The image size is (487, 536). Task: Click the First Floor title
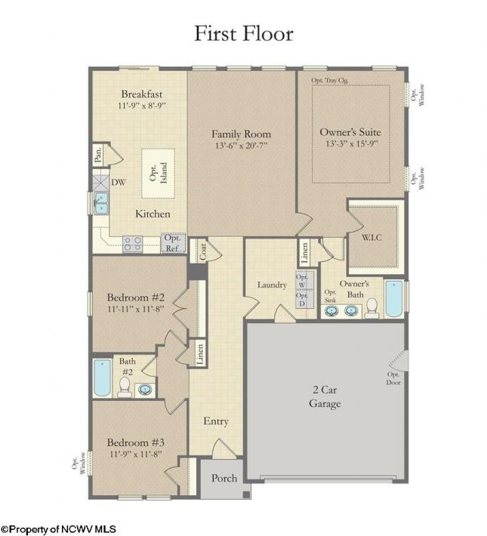244,33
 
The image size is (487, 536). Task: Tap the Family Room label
241,134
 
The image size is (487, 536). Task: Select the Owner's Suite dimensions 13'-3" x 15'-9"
352,143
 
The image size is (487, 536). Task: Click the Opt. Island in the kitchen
159,174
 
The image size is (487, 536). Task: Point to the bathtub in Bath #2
102,377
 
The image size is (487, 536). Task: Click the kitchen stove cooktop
133,244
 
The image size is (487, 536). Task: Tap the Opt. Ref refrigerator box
174,243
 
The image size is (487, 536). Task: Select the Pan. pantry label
98,155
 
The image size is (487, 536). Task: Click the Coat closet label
203,251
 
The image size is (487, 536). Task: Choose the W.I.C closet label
371,237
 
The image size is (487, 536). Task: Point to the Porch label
224,478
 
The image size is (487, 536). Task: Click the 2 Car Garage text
325,396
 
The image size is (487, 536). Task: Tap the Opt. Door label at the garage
393,378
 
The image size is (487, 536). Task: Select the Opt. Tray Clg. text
330,80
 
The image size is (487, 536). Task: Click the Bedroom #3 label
136,442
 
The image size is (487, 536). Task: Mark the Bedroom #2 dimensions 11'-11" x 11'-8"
136,309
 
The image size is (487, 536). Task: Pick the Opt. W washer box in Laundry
302,281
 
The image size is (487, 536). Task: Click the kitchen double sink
101,203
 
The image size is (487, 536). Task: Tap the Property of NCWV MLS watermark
58,529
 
